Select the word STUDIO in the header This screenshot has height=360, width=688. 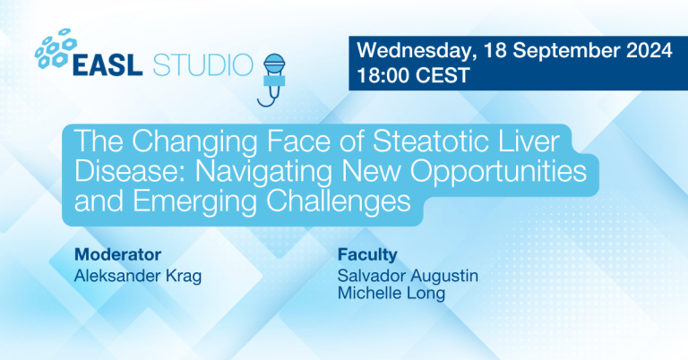pyautogui.click(x=203, y=65)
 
